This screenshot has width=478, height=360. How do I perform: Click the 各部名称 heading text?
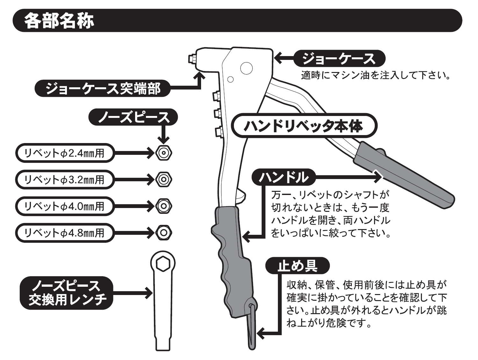tap(59, 20)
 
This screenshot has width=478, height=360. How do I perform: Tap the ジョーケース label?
tap(339, 59)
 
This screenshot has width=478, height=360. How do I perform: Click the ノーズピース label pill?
tap(133, 118)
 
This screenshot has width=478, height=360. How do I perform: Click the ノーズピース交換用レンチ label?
tap(67, 293)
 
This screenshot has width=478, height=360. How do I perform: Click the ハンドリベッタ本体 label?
tap(303, 126)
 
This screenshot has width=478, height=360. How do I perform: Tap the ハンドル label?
tap(284, 177)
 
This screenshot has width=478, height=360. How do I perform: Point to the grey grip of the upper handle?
tap(402, 175)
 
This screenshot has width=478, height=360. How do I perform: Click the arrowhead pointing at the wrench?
tap(148, 293)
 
